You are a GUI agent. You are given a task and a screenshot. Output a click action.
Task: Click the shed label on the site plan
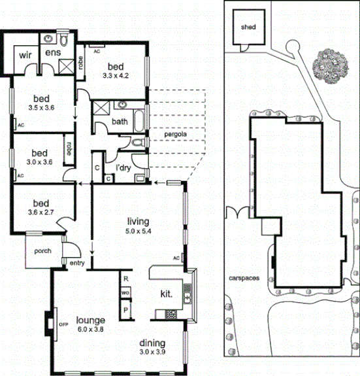(x=248, y=27)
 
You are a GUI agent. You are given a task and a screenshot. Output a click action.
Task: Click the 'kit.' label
(x=166, y=294)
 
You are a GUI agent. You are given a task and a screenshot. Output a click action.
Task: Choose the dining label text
(x=152, y=343)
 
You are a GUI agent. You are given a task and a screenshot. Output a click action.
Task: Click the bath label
(x=120, y=121)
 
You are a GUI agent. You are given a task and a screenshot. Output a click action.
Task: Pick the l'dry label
(x=123, y=168)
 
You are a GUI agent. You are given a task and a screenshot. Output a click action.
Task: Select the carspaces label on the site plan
(x=245, y=277)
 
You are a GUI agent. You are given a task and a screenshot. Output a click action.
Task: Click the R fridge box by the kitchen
(x=125, y=279)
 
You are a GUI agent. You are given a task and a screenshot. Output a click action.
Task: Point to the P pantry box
(x=125, y=309)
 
